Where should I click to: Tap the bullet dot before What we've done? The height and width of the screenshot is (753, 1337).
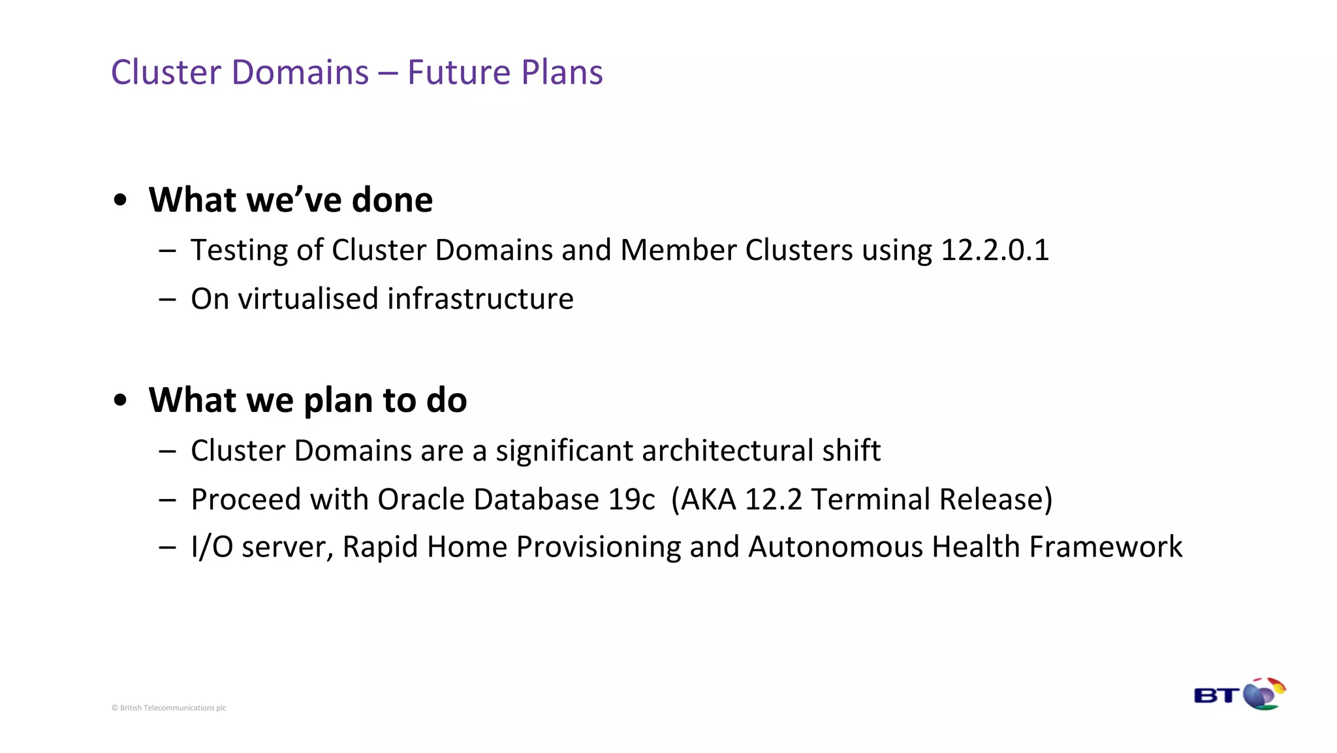point(119,200)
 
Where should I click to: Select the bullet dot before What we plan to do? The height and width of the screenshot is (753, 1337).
point(119,400)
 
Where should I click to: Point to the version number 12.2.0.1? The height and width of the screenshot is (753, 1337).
point(994,250)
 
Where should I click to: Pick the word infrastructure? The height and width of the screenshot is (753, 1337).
point(480,299)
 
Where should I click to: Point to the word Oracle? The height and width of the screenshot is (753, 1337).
point(420,500)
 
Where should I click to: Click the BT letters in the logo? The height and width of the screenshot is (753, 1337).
point(1216,696)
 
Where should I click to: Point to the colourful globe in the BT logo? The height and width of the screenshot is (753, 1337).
point(1264,694)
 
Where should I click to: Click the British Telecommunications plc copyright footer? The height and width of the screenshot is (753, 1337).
point(168,708)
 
